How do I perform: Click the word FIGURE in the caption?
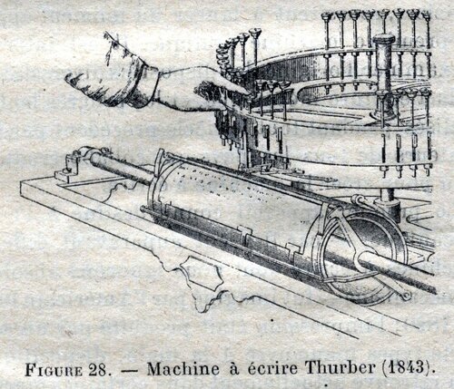pos(54,369)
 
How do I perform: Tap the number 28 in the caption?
pos(98,369)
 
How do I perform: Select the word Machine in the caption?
pos(183,369)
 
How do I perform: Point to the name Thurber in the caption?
pos(340,367)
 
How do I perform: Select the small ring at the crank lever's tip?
pos(406,296)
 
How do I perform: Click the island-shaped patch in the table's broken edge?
pos(202,274)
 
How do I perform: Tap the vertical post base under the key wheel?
pos(389,202)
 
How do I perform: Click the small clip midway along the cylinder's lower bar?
pos(245,234)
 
